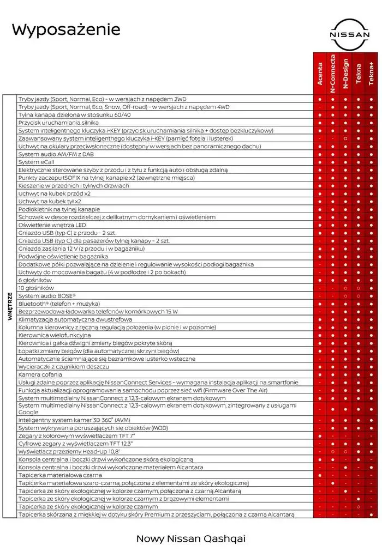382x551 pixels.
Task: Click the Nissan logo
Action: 349,34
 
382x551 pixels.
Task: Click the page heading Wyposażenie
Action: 66,29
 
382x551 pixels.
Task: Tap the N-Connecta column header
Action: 332,71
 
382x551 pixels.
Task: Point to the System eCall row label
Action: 36,162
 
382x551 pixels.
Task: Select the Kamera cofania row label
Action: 41,374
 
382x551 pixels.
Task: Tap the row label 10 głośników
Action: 36,288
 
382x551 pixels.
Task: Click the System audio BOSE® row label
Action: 47,295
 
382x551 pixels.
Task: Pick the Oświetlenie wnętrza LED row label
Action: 52,225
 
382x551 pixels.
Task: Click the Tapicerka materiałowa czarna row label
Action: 60,475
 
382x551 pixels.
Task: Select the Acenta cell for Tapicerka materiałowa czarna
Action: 320,475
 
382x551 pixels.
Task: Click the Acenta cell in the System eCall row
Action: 320,162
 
